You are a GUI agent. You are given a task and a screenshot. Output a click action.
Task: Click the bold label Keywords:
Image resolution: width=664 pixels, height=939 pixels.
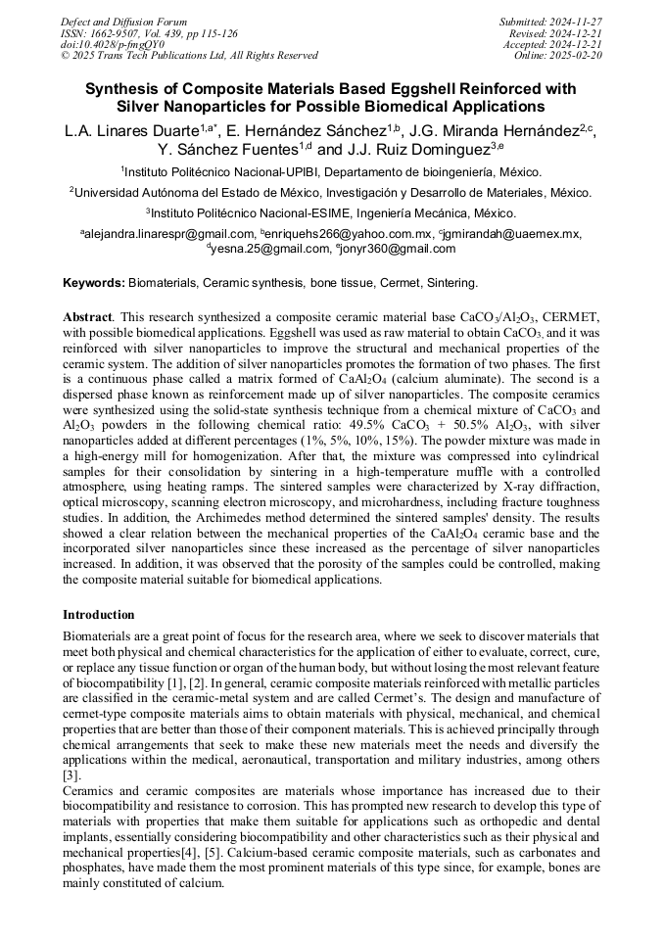[94, 283]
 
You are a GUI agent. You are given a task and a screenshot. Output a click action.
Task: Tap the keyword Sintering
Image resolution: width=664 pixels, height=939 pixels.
[450, 283]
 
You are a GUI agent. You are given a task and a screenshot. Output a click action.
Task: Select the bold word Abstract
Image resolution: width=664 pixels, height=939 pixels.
[88, 318]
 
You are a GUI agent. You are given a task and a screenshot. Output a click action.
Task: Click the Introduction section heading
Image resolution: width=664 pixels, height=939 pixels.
[99, 615]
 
